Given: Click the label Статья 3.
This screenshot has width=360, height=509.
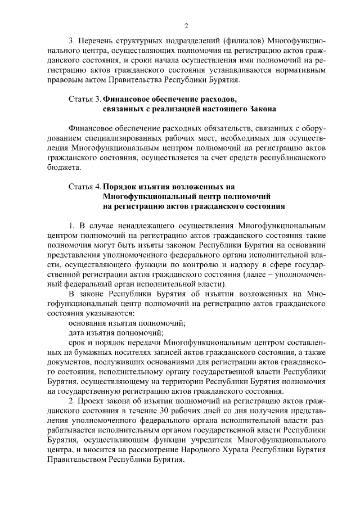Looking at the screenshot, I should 84,99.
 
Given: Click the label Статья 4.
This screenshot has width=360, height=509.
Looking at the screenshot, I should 84,186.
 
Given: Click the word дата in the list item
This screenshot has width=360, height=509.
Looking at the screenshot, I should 78,332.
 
